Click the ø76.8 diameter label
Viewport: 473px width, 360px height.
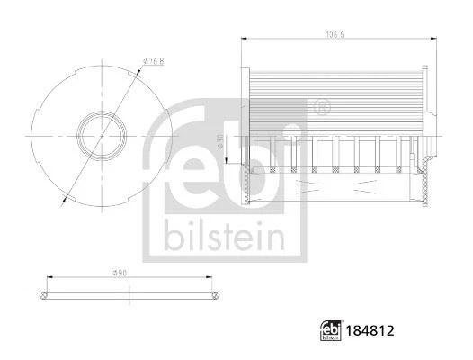click(150, 62)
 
